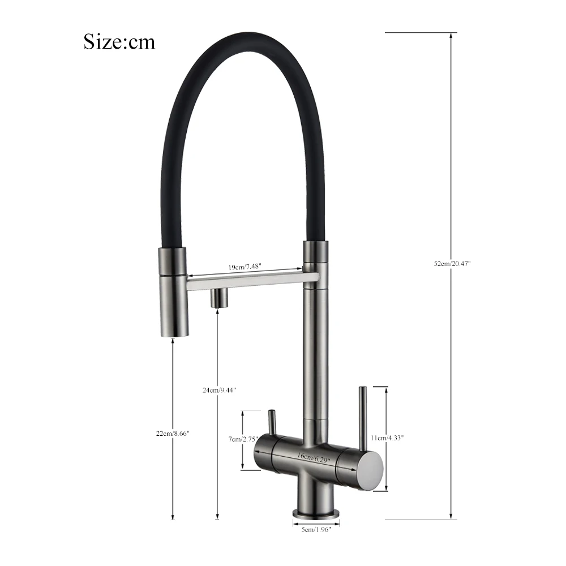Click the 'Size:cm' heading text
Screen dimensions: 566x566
coord(119,41)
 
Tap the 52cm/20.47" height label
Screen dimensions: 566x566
coord(452,264)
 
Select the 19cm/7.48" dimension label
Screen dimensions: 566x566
coord(245,267)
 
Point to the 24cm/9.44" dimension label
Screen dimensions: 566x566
coord(219,390)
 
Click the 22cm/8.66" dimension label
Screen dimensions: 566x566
coord(173,433)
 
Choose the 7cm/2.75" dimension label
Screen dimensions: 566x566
coord(243,439)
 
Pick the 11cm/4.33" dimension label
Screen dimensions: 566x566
coord(387,438)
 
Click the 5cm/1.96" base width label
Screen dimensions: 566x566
coord(316,530)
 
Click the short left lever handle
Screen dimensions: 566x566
coord(272,422)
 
